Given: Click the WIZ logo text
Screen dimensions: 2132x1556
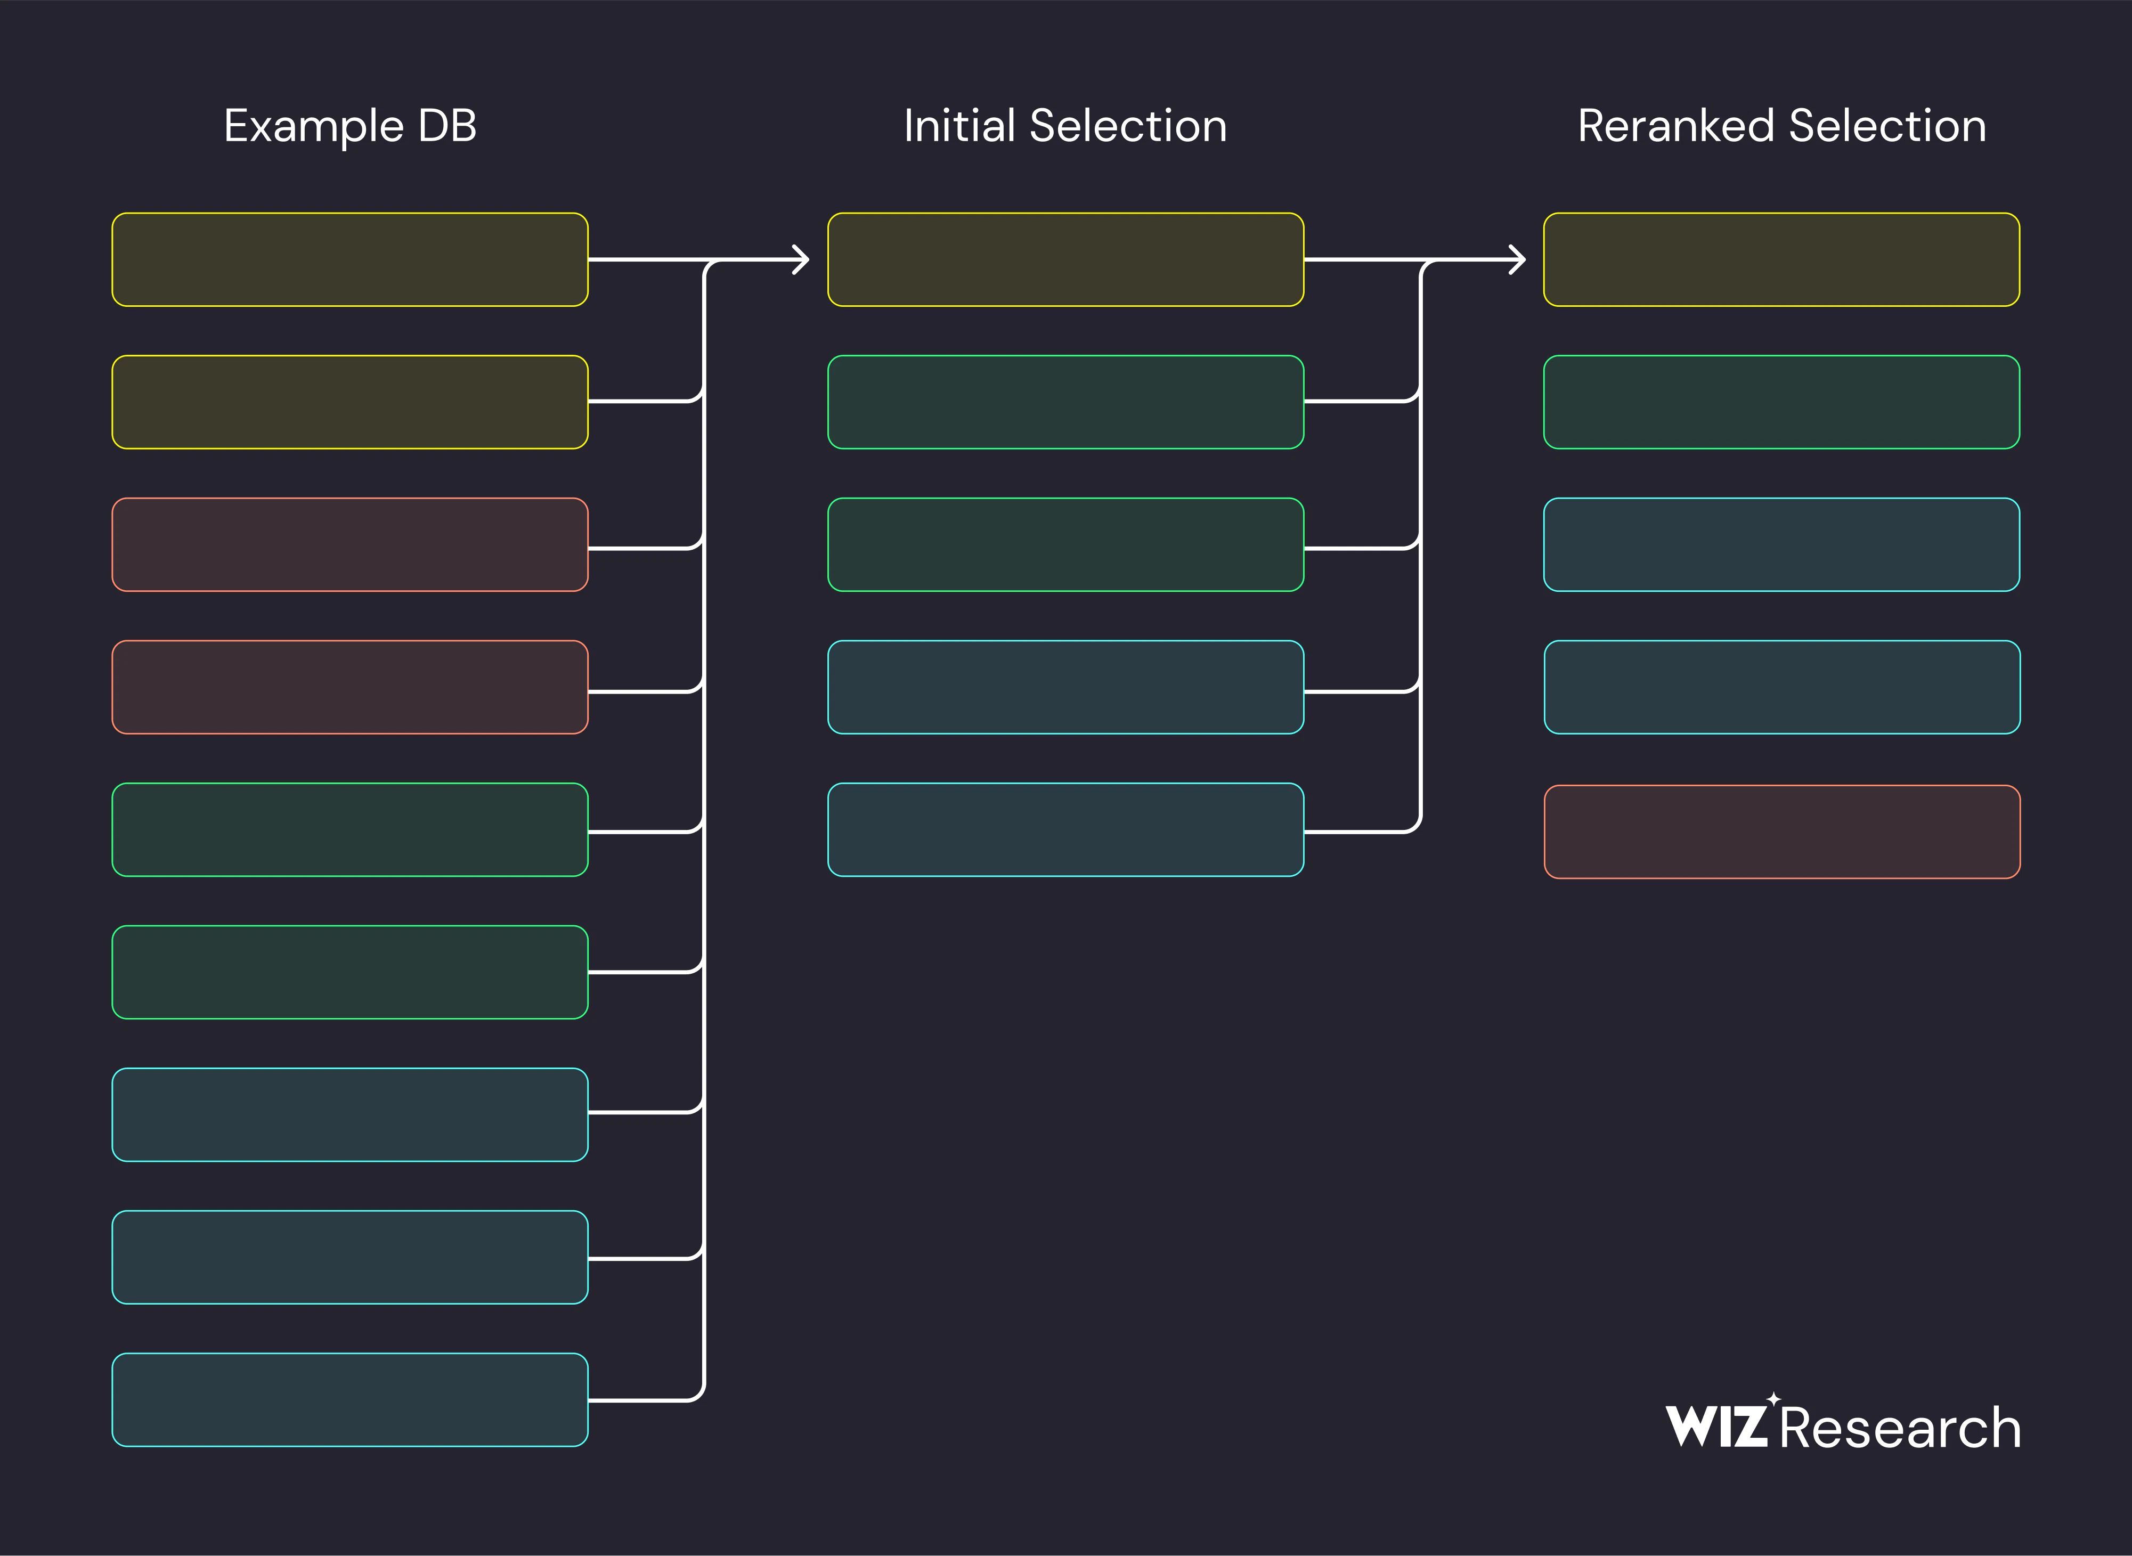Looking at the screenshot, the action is pos(1716,1426).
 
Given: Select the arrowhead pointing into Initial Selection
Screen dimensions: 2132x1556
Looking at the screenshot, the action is pos(801,259).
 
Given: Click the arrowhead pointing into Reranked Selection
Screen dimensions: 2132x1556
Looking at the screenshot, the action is pos(1517,259).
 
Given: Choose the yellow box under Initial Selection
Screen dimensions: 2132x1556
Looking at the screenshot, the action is pos(1065,259).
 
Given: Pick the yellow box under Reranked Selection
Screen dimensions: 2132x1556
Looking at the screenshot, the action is pos(1781,259).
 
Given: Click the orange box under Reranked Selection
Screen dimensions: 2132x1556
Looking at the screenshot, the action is pos(1781,832).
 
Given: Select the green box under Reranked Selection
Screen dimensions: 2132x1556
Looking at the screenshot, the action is pos(1781,402).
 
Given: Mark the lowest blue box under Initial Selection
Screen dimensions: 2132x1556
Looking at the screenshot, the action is pos(1065,830).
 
